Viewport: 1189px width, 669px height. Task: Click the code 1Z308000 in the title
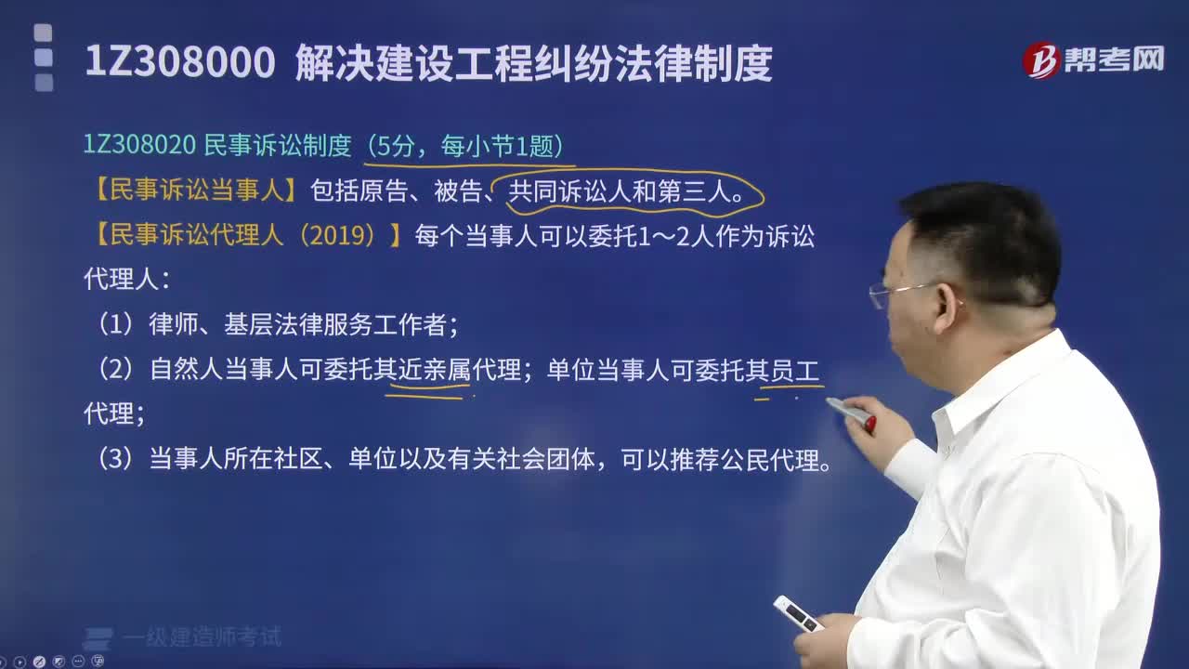(179, 63)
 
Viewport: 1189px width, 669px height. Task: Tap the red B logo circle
(1042, 60)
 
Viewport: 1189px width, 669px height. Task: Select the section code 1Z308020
(139, 145)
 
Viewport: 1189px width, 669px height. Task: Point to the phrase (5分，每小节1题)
(464, 146)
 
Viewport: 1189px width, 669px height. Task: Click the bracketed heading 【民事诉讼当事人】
(195, 191)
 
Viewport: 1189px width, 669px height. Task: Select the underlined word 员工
(795, 371)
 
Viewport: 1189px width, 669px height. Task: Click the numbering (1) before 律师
(117, 324)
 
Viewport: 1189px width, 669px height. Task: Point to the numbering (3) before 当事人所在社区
(117, 460)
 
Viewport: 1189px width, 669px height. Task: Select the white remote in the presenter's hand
(798, 614)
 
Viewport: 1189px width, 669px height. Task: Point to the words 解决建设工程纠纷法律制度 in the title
(533, 63)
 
